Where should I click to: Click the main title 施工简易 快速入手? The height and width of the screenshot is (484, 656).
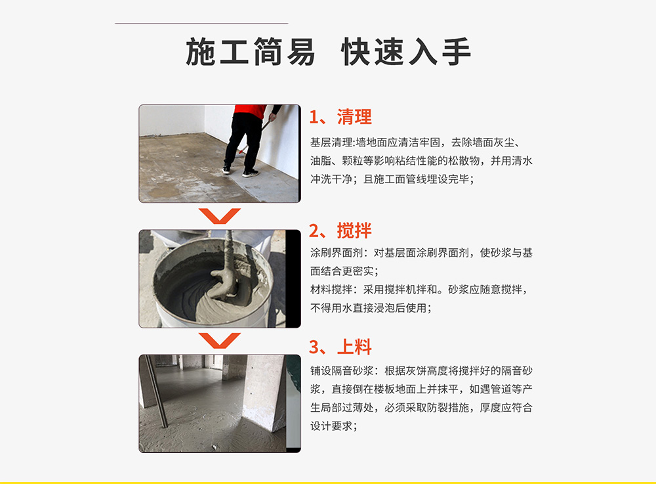click(x=328, y=51)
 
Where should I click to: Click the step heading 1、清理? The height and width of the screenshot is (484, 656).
click(x=340, y=117)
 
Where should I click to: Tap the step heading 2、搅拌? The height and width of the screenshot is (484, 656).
click(x=340, y=231)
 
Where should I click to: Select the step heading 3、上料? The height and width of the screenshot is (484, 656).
click(x=340, y=347)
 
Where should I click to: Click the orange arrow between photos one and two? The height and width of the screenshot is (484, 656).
click(x=220, y=216)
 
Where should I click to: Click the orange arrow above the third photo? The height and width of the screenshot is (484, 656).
click(x=220, y=341)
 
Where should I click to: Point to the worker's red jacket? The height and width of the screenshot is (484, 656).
click(x=249, y=111)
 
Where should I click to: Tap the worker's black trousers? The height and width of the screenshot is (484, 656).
click(x=243, y=143)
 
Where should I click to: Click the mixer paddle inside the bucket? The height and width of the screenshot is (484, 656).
click(x=226, y=268)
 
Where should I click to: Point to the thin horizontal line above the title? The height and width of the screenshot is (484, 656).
click(x=201, y=24)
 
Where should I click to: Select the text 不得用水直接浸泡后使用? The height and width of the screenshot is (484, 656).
click(x=369, y=308)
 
